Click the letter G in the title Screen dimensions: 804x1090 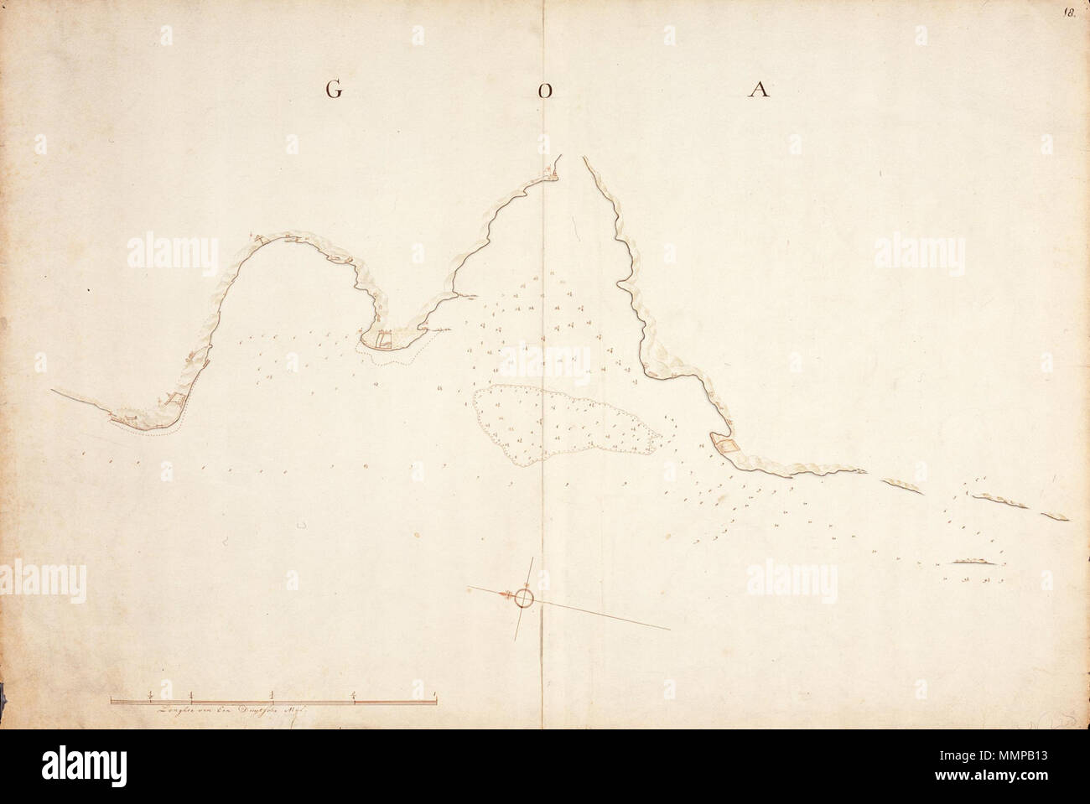[334, 91]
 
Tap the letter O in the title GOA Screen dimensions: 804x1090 [544, 92]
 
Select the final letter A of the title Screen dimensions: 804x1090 [760, 91]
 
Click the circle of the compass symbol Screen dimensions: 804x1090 [524, 597]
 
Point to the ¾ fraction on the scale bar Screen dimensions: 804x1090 [354, 692]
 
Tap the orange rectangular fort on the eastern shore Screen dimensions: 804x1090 [726, 445]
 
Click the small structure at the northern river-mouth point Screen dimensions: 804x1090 [550, 174]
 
